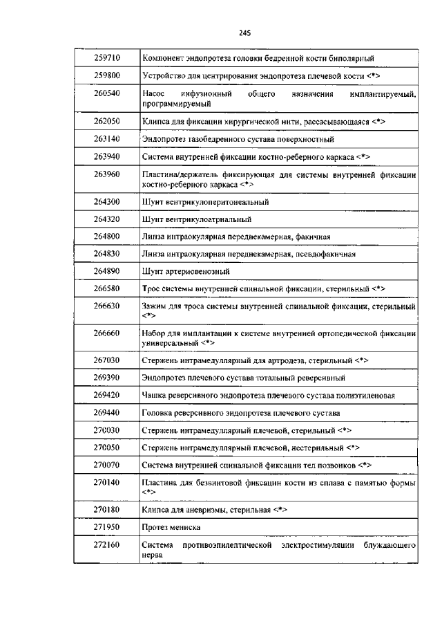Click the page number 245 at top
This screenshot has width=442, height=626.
[244, 33]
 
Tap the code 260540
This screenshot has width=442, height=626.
[106, 93]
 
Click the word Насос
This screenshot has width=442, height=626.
[153, 93]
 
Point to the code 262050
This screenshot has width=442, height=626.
[106, 121]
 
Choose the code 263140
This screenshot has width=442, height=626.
[106, 138]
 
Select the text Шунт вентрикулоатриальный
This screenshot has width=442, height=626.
[196, 219]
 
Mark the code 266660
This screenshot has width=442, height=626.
[106, 333]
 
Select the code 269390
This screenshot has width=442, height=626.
[106, 378]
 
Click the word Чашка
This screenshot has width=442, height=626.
[153, 396]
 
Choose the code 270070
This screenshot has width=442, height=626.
[106, 464]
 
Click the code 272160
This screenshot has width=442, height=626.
[106, 545]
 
